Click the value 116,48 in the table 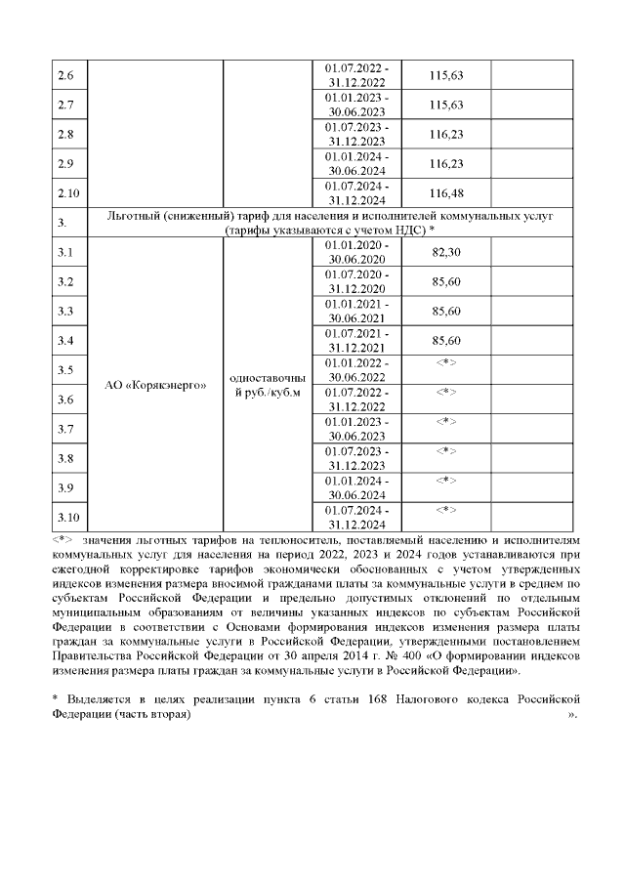[445, 193]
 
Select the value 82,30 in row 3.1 [445, 251]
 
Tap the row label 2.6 [66, 76]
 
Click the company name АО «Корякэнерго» [155, 385]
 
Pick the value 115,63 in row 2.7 [445, 105]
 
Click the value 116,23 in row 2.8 [445, 135]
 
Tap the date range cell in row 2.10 [356, 193]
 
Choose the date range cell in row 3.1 [356, 252]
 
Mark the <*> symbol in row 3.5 [445, 363]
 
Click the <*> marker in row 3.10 [445, 510]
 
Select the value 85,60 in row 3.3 [445, 311]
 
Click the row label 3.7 [66, 429]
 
